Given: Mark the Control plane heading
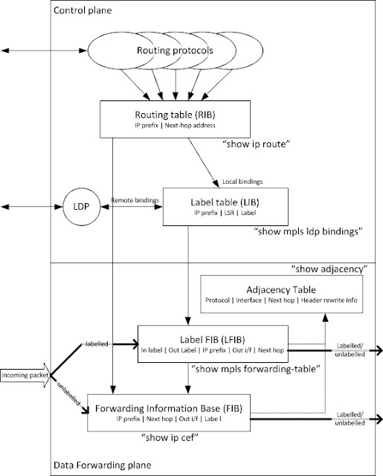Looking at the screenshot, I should (x=79, y=13).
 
